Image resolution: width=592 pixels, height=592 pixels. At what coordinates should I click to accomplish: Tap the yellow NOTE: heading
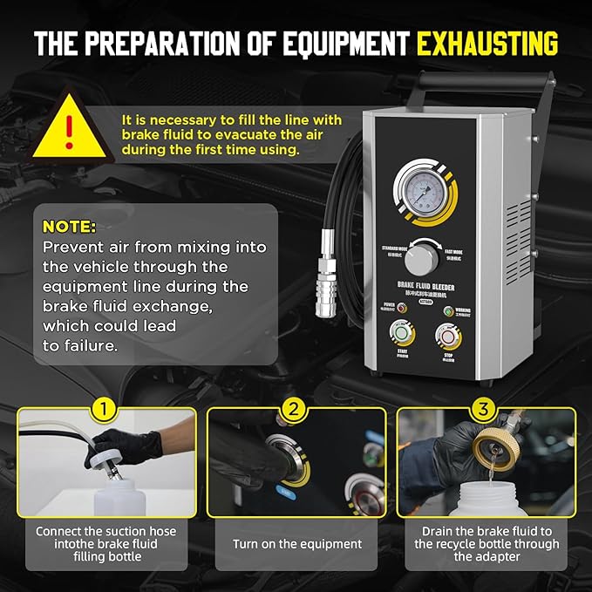point(69,227)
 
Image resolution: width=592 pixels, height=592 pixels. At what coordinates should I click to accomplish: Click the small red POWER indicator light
point(396,310)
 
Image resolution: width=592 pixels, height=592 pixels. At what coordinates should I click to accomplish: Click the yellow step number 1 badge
point(105,408)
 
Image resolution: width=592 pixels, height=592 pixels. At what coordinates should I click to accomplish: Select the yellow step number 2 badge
point(295,408)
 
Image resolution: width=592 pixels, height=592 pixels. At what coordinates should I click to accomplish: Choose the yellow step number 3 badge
point(485,408)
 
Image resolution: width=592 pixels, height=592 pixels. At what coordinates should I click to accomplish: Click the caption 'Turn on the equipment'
point(296,543)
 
